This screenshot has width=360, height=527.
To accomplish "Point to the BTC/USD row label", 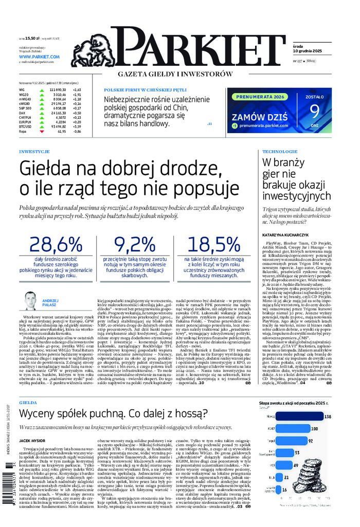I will tap(25, 126).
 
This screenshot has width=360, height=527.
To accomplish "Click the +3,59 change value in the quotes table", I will tap(77, 126).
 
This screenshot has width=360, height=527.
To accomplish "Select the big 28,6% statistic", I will tap(56, 244).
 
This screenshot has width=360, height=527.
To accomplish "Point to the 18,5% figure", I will tap(213, 244).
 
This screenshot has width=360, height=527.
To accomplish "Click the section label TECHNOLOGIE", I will tap(280, 152).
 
